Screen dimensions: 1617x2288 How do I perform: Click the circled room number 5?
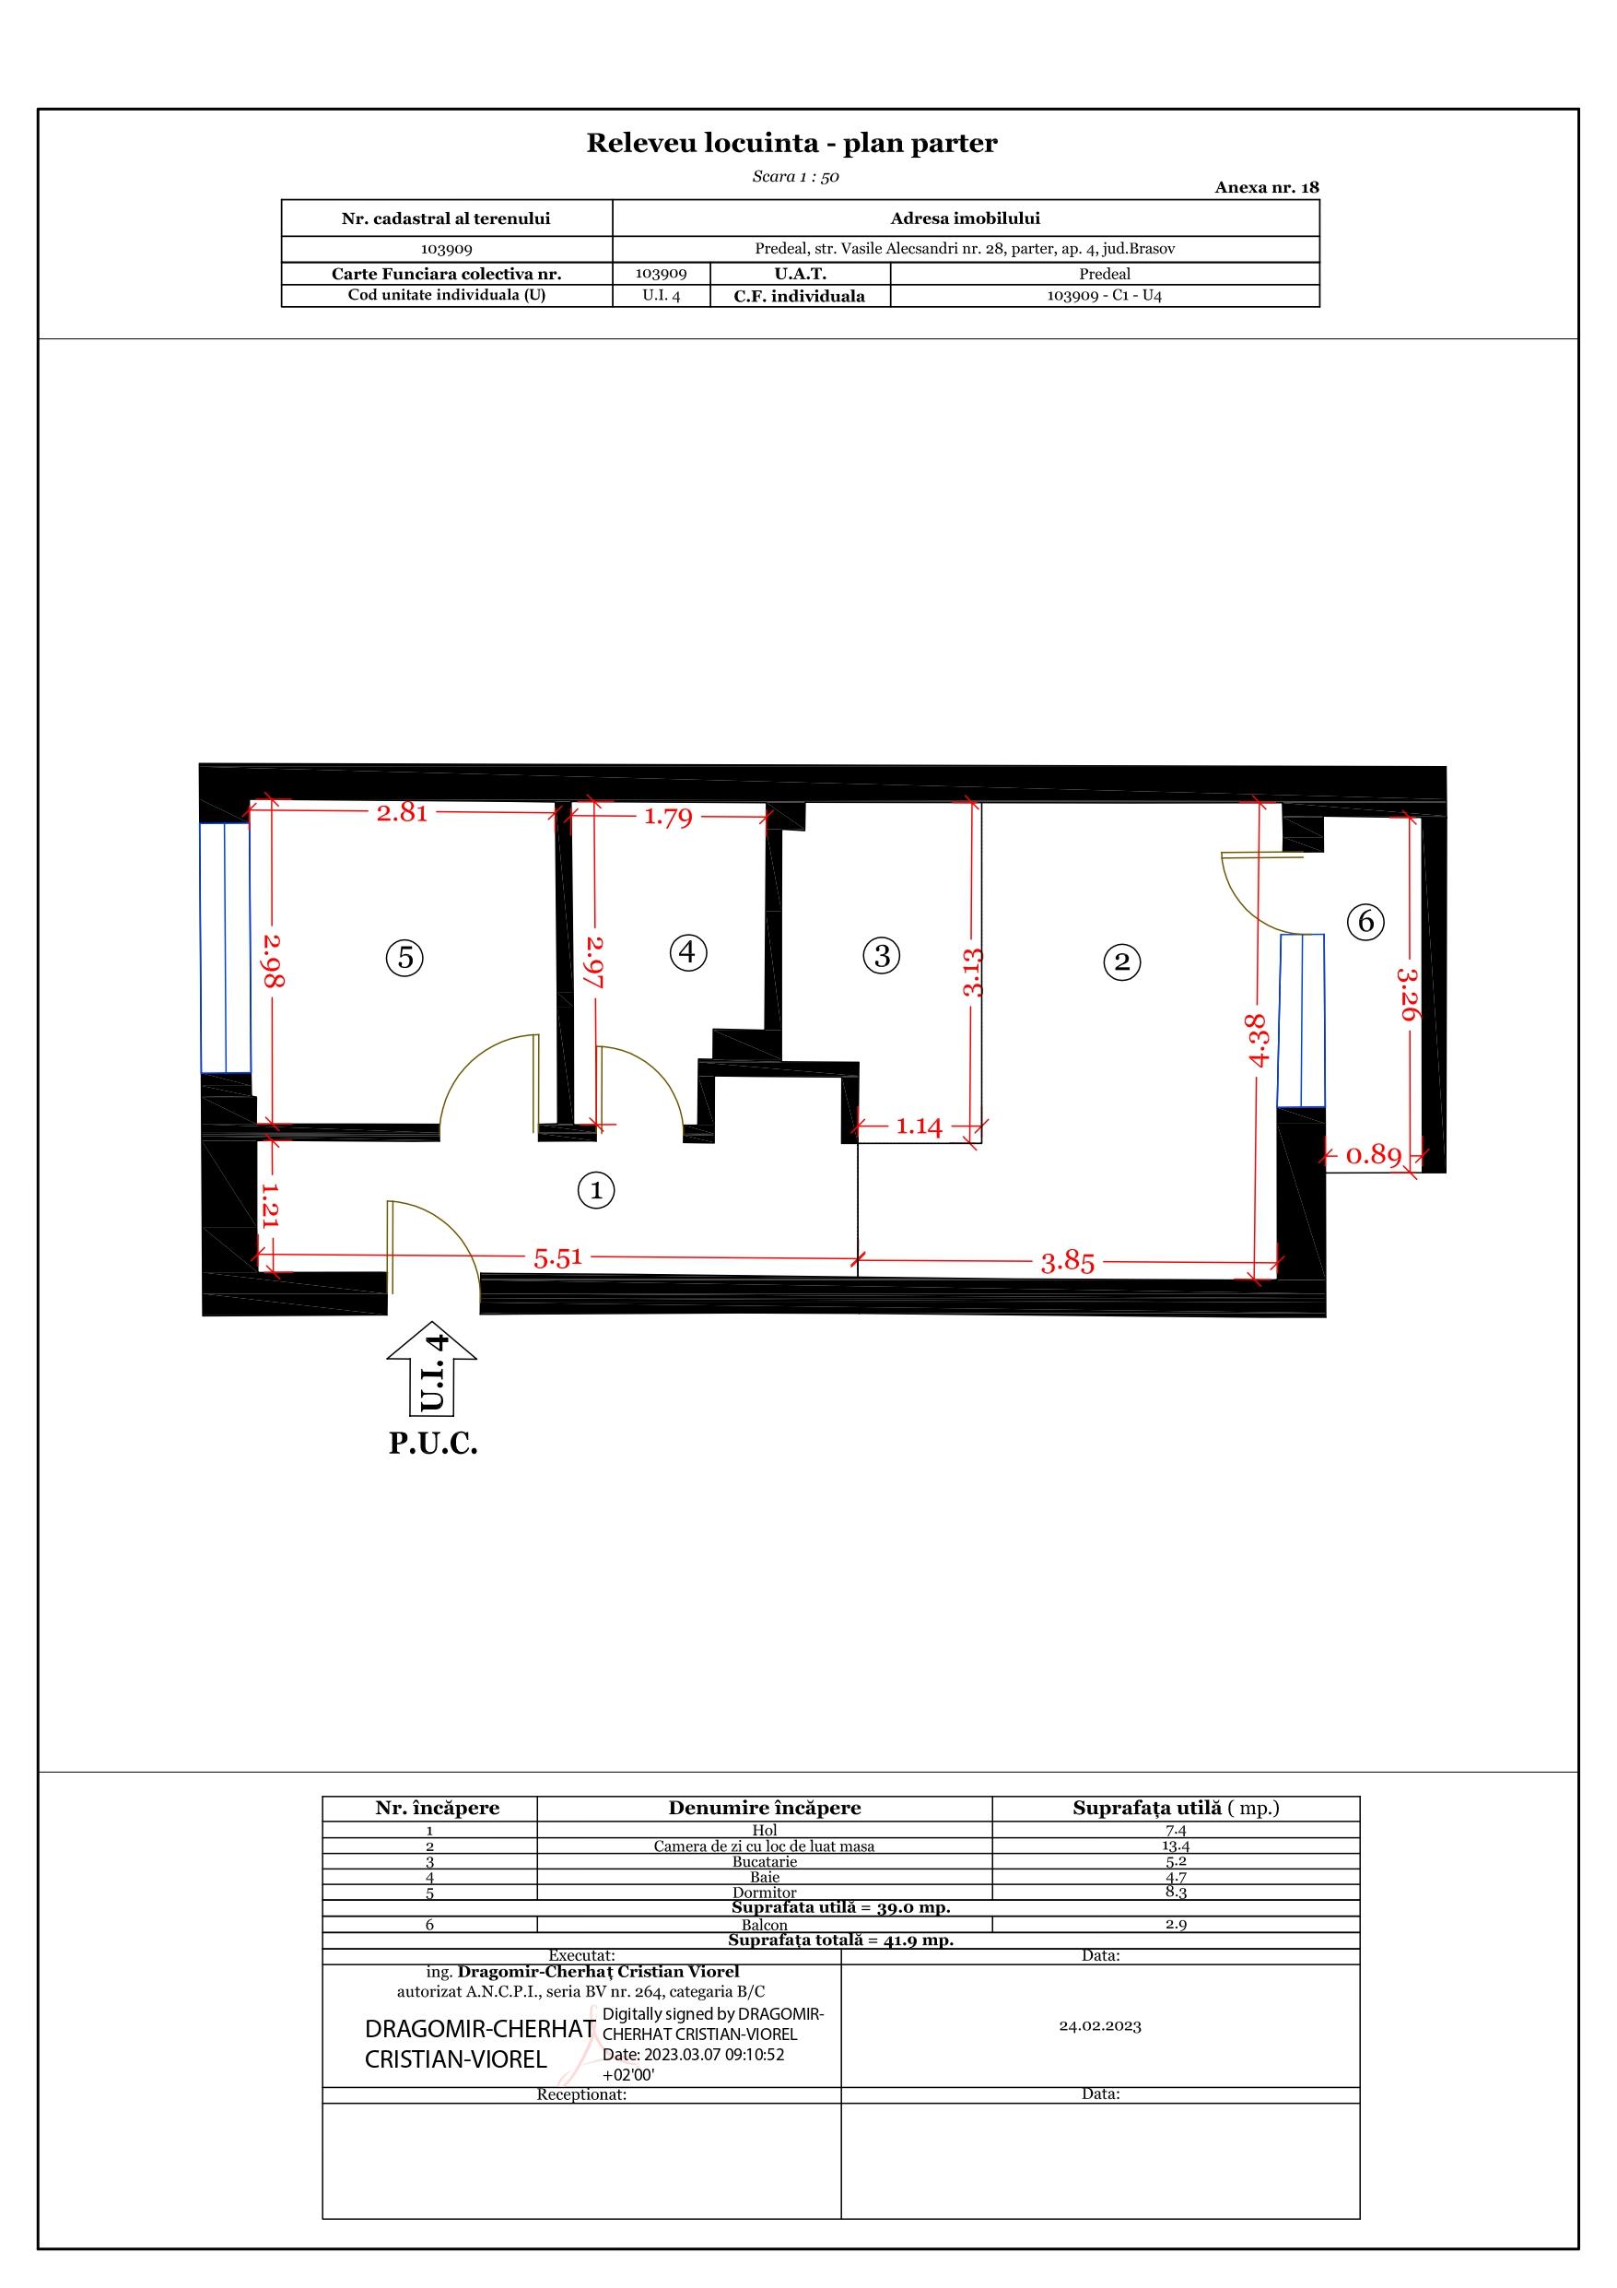pyautogui.click(x=404, y=958)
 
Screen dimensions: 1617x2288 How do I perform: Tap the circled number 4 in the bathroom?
pyautogui.click(x=687, y=951)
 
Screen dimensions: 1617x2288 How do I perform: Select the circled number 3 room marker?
pyautogui.click(x=881, y=955)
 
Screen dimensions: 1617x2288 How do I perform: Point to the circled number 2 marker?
pyautogui.click(x=1122, y=961)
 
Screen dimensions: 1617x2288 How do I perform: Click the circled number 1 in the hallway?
pyautogui.click(x=596, y=1190)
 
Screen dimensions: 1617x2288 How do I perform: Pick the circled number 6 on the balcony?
pyautogui.click(x=1366, y=921)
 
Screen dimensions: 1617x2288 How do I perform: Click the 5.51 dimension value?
pyautogui.click(x=558, y=1257)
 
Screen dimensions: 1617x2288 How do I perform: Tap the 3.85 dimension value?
pyautogui.click(x=1068, y=1263)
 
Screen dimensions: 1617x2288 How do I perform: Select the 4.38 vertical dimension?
pyautogui.click(x=1258, y=1042)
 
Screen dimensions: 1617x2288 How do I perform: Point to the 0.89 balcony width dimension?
pyautogui.click(x=1374, y=1155)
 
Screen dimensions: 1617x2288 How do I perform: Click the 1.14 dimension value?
pyautogui.click(x=919, y=1126)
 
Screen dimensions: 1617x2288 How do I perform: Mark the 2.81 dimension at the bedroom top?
pyautogui.click(x=403, y=812)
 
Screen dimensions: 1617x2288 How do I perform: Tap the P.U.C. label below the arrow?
pyautogui.click(x=433, y=1443)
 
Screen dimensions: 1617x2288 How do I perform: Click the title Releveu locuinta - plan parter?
pyautogui.click(x=792, y=144)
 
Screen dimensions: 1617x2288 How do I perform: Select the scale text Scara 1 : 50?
pyautogui.click(x=795, y=177)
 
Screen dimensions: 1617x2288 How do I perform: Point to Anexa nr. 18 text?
pyautogui.click(x=1266, y=187)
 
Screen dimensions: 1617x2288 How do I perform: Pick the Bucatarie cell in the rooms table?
pyautogui.click(x=764, y=1861)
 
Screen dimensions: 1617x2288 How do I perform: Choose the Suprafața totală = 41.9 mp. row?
pyautogui.click(x=841, y=1940)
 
